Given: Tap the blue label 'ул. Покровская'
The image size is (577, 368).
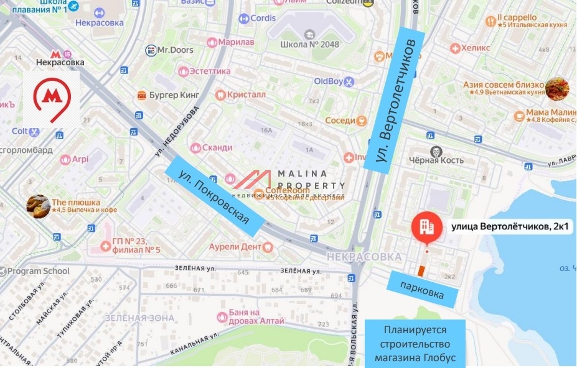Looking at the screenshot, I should (212, 200).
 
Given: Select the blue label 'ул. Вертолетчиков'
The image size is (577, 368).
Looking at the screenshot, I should (393, 98).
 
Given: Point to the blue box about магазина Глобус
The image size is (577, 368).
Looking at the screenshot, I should (415, 343).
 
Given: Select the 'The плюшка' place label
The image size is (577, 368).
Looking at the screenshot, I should (76, 202).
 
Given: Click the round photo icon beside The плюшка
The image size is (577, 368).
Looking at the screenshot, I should (38, 206).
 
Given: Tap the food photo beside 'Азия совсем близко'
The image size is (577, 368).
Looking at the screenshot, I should (557, 88).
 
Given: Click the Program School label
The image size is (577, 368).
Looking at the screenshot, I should (39, 271).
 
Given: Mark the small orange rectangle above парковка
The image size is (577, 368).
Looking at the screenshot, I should (421, 270).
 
